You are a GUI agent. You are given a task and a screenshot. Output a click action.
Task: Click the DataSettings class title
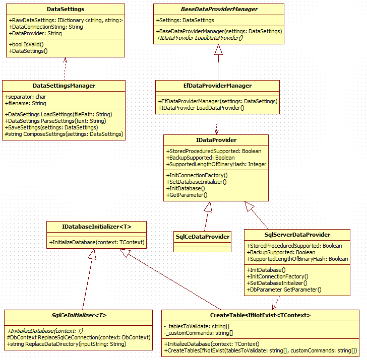pos(66,9)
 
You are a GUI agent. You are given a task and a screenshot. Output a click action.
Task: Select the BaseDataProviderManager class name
pos(219,9)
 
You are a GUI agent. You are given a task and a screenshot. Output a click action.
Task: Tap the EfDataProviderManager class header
pos(217,86)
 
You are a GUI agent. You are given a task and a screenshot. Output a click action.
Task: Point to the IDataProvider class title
pos(216,140)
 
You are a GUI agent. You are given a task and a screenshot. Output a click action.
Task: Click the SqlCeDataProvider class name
pos(203,237)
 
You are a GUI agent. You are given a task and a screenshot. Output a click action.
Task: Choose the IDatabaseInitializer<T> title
pos(96,227)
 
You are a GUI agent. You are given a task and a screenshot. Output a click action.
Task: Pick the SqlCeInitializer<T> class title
pos(79,315)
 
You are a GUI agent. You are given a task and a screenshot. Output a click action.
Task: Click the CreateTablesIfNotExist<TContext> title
pos(260,315)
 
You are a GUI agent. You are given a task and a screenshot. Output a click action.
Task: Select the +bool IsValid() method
pos(26,44)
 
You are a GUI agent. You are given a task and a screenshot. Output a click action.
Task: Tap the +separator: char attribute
pos(26,97)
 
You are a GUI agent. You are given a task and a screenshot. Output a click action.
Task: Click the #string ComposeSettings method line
pos(64,134)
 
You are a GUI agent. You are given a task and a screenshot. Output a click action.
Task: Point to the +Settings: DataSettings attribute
pos(185,20)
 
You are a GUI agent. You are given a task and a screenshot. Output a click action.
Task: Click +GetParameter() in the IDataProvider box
pos(187,195)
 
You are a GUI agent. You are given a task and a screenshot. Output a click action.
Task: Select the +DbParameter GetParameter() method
pos(284,290)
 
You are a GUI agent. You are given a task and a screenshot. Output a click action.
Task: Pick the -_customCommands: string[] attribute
pos(198,333)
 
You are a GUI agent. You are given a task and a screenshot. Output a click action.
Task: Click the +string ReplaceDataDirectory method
pos(67,344)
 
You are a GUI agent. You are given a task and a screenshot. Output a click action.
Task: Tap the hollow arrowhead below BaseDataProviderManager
pos(218,49)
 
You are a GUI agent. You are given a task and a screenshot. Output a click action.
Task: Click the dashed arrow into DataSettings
pos(65,68)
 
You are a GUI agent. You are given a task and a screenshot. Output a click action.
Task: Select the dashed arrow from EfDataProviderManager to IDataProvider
pos(217,124)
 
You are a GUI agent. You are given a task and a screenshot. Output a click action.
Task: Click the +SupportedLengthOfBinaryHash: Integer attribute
pos(216,164)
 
